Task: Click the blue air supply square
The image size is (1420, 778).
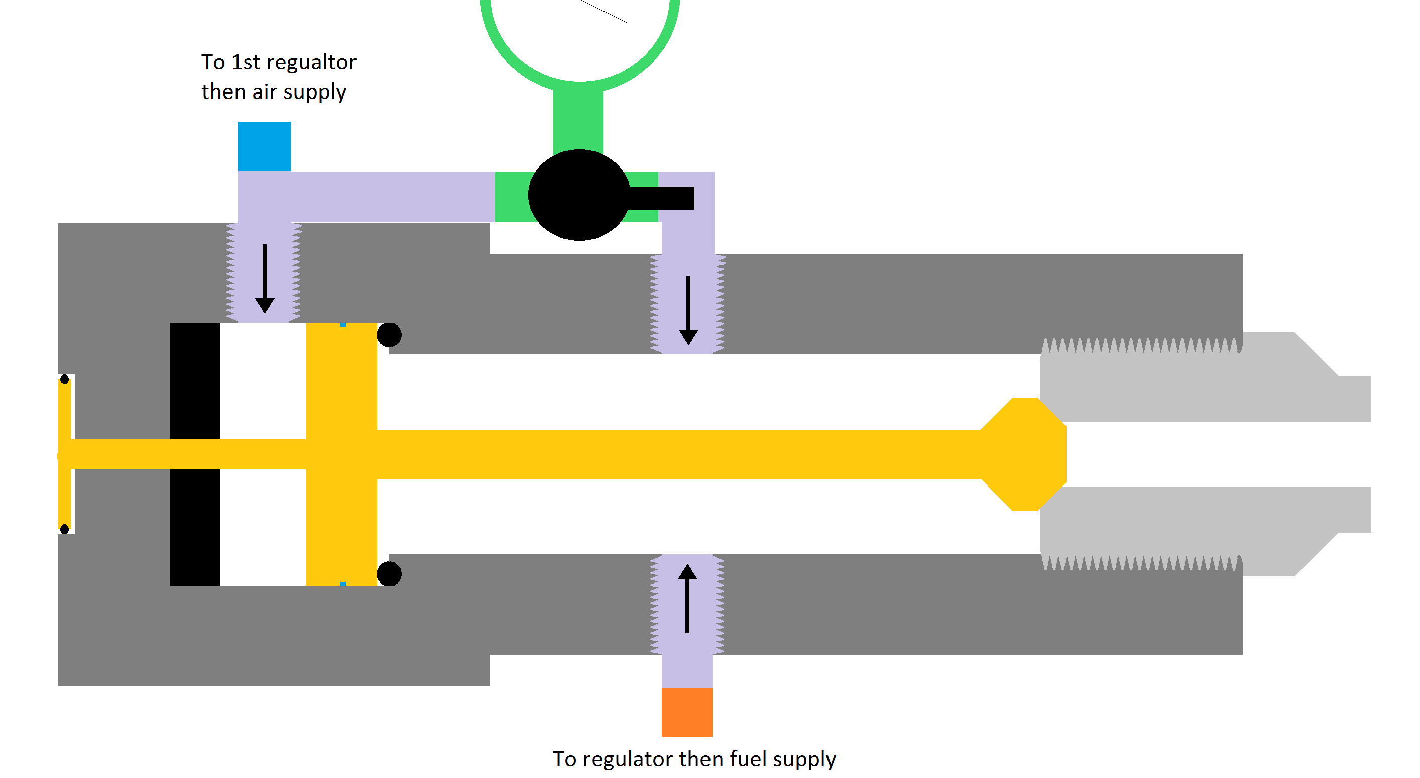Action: click(x=264, y=146)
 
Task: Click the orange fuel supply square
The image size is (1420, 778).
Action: click(x=687, y=712)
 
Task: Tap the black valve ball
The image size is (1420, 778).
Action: click(x=578, y=195)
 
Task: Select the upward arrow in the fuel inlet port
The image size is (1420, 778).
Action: click(x=687, y=598)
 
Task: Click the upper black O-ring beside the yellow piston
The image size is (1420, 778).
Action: click(x=389, y=335)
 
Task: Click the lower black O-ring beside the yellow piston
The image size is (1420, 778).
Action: click(x=389, y=574)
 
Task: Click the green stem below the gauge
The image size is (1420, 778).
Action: click(x=578, y=119)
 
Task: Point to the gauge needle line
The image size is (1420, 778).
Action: click(x=604, y=11)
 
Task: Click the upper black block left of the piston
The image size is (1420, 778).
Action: click(x=195, y=381)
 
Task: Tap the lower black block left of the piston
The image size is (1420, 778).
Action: click(x=195, y=527)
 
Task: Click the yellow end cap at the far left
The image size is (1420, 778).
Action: click(x=64, y=454)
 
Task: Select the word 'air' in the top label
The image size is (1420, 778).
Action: click(x=264, y=92)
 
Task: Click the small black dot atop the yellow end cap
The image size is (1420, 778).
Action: click(x=64, y=379)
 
